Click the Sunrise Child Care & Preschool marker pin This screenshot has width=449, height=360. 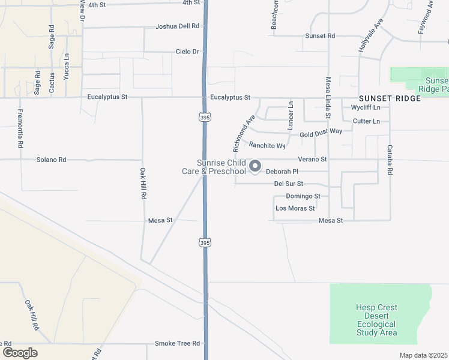point(255,166)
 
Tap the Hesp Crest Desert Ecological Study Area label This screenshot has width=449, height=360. point(376,320)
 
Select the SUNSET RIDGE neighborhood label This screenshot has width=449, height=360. point(390,98)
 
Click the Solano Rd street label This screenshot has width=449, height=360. point(51,160)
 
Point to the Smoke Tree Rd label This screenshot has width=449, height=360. point(177,343)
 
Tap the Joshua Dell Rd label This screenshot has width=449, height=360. point(177,26)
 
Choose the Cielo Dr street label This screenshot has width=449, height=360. point(187,52)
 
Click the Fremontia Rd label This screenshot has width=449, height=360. point(20,129)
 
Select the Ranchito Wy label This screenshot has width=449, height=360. point(267,145)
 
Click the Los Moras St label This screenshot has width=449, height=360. point(295,208)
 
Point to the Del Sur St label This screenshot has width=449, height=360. point(288,184)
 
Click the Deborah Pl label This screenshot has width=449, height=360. point(282,172)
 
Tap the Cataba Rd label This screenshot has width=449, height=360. point(390,160)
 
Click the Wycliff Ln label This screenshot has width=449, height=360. point(366,107)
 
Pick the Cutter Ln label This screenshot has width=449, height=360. point(366,121)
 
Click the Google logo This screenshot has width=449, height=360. point(20,353)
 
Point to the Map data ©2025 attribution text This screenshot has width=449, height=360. point(423,355)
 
